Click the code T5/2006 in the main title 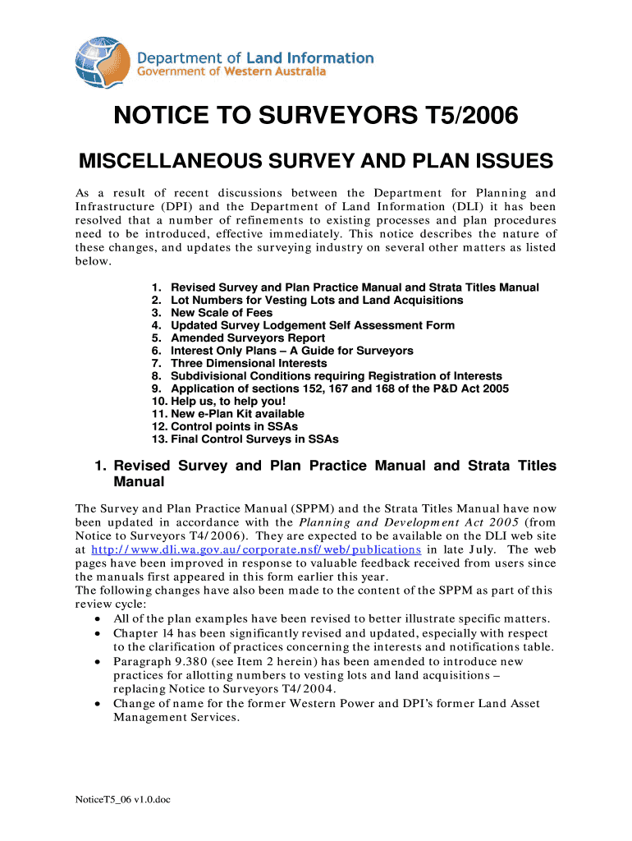tap(467, 118)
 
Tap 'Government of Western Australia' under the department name tap(231, 71)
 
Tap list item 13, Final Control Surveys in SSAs tap(245, 439)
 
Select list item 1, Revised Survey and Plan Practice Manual tap(346, 287)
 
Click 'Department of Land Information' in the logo tap(254, 58)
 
